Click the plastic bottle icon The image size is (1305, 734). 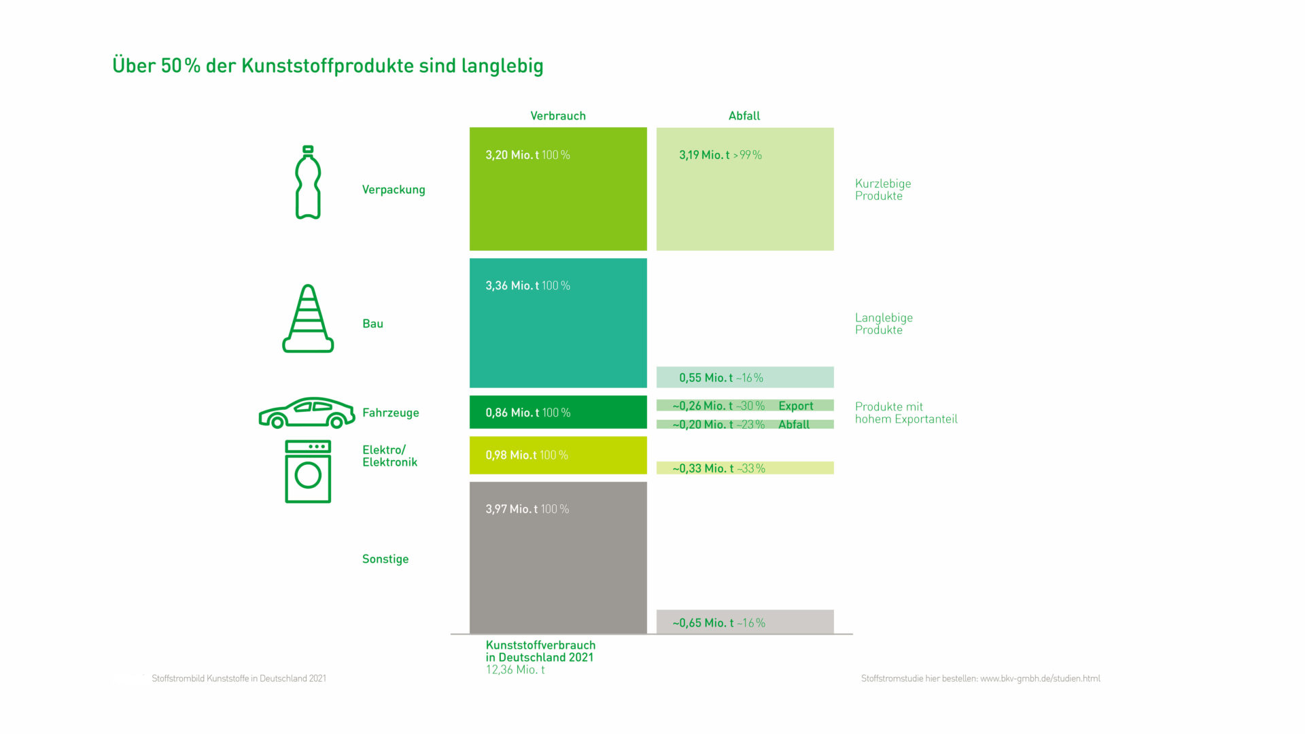tap(308, 182)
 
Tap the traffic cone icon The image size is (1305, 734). tap(308, 318)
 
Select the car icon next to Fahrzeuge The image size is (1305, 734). tap(307, 413)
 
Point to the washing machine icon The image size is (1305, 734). tap(308, 472)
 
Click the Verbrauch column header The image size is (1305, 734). tap(558, 116)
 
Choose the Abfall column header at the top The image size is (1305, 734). tap(744, 116)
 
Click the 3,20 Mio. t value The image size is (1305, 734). tap(512, 155)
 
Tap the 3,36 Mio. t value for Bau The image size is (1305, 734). tap(512, 285)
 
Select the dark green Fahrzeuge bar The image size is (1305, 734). tap(558, 412)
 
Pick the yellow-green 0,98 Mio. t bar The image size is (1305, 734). tap(558, 455)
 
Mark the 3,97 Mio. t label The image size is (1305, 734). tap(511, 509)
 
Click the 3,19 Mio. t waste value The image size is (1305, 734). tap(704, 155)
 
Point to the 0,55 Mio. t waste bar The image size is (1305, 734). tap(745, 377)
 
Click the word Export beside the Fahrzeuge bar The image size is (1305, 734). tap(796, 406)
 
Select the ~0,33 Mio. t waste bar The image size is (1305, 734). tap(745, 468)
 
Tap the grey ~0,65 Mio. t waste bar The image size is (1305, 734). tap(745, 622)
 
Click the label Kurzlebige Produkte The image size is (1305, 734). tap(883, 190)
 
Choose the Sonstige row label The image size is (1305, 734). tap(385, 559)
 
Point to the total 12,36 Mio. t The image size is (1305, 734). tap(515, 669)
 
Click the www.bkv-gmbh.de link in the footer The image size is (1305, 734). tap(1040, 678)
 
